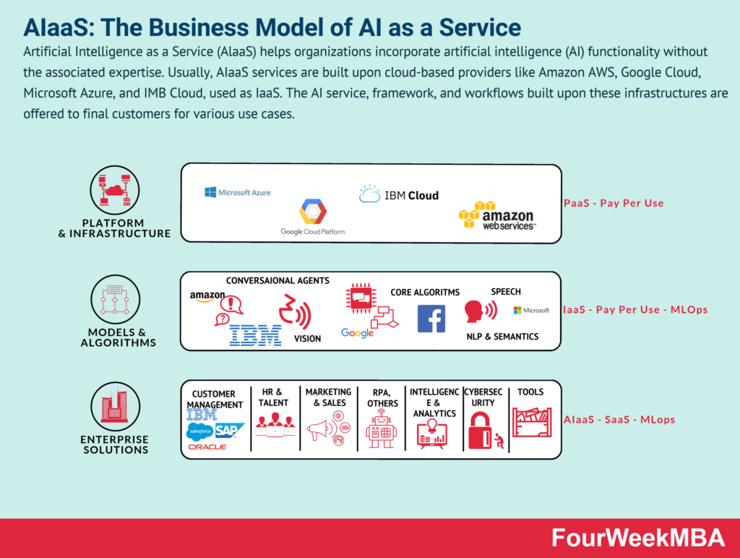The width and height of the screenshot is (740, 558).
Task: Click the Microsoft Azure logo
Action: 237,193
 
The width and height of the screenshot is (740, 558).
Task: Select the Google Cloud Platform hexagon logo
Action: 313,213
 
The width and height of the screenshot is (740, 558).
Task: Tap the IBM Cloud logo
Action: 398,194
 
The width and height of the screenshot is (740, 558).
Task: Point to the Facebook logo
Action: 431,319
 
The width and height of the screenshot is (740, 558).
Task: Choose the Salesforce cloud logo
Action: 200,432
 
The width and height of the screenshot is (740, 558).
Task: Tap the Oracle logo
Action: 207,447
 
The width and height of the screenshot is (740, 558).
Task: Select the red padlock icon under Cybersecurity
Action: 480,431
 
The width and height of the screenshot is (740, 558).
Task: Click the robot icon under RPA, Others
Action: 381,429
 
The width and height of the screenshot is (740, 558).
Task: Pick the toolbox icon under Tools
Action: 531,422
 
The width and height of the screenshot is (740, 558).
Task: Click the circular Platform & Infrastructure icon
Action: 114,189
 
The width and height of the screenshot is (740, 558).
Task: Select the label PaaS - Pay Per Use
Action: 614,203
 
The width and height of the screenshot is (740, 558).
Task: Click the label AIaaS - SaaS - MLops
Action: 619,419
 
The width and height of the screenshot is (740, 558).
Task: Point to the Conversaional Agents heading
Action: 277,280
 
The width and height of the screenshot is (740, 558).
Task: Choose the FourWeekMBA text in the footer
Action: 638,538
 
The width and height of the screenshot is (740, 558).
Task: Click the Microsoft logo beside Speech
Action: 531,310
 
